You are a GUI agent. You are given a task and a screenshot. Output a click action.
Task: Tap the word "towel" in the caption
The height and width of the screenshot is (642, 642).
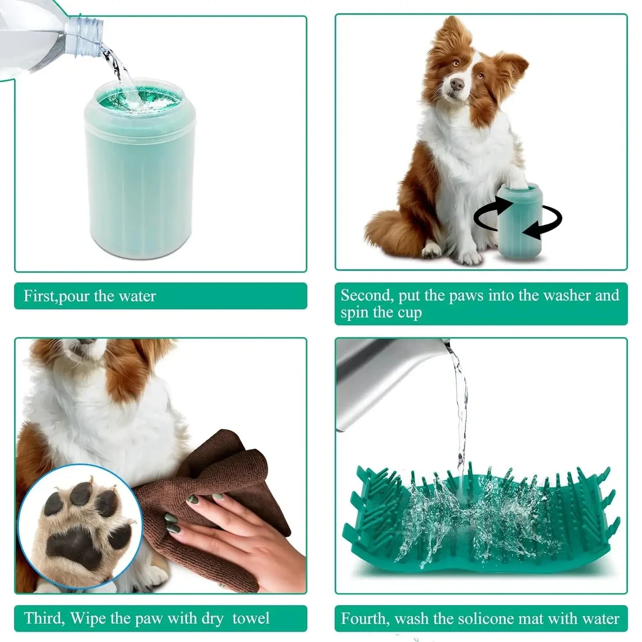(251, 618)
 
